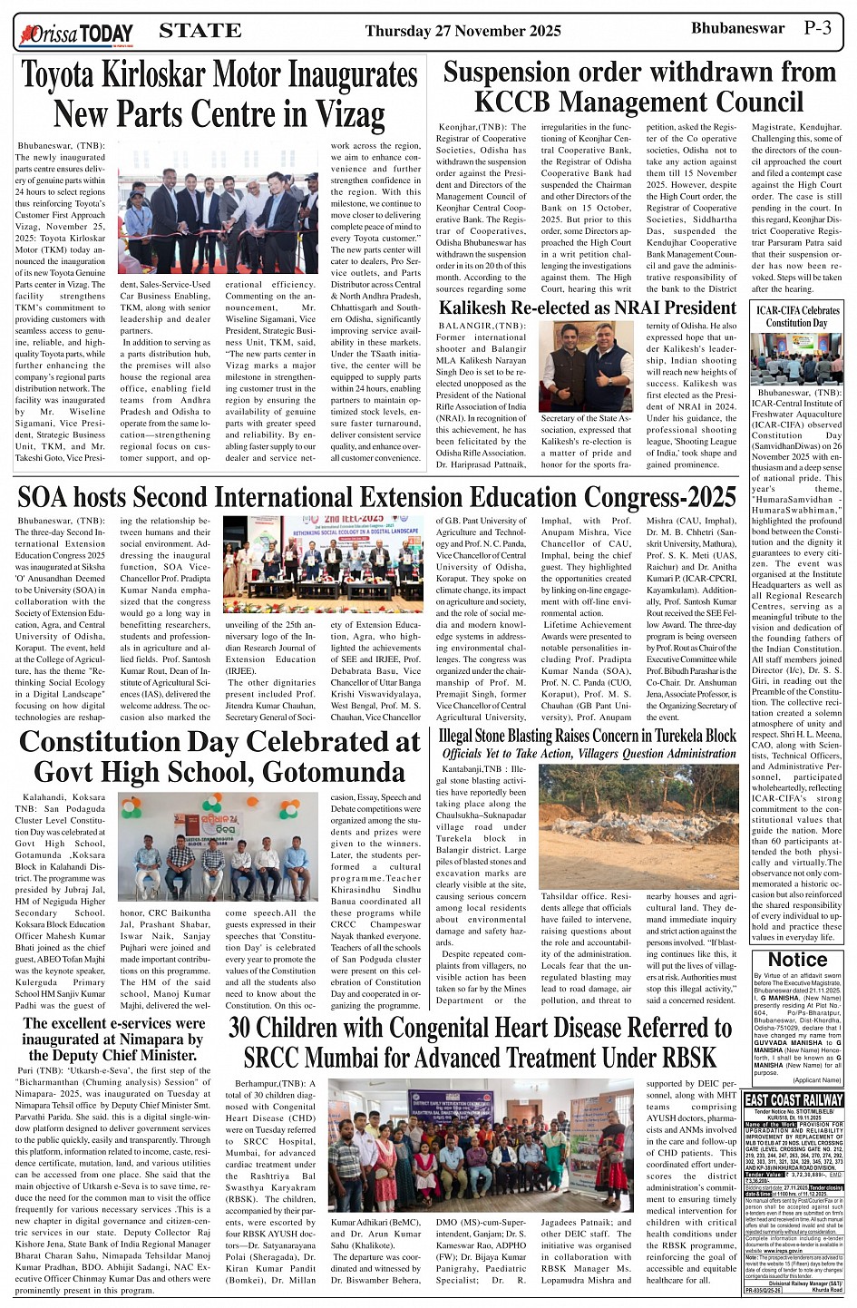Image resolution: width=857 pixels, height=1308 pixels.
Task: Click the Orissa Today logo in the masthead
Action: (76, 34)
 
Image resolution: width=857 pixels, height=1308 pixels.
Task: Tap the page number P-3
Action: (817, 27)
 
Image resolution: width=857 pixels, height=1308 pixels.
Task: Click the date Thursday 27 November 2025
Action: (463, 31)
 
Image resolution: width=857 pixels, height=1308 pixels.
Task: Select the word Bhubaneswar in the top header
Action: (737, 27)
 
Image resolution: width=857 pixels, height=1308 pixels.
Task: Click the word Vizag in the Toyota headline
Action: (350, 115)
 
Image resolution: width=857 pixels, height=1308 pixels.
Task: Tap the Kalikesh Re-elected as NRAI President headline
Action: (588, 307)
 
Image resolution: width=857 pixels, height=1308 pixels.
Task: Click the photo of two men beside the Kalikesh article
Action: (586, 366)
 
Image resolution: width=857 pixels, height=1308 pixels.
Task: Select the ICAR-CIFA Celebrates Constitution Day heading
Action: (797, 317)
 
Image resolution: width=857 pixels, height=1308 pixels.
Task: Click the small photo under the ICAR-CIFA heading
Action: (796, 357)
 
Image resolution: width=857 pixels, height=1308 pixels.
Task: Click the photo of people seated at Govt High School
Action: (218, 859)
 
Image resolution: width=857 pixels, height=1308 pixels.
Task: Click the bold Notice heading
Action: (797, 960)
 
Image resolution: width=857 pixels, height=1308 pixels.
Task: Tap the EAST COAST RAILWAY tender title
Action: (794, 1099)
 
